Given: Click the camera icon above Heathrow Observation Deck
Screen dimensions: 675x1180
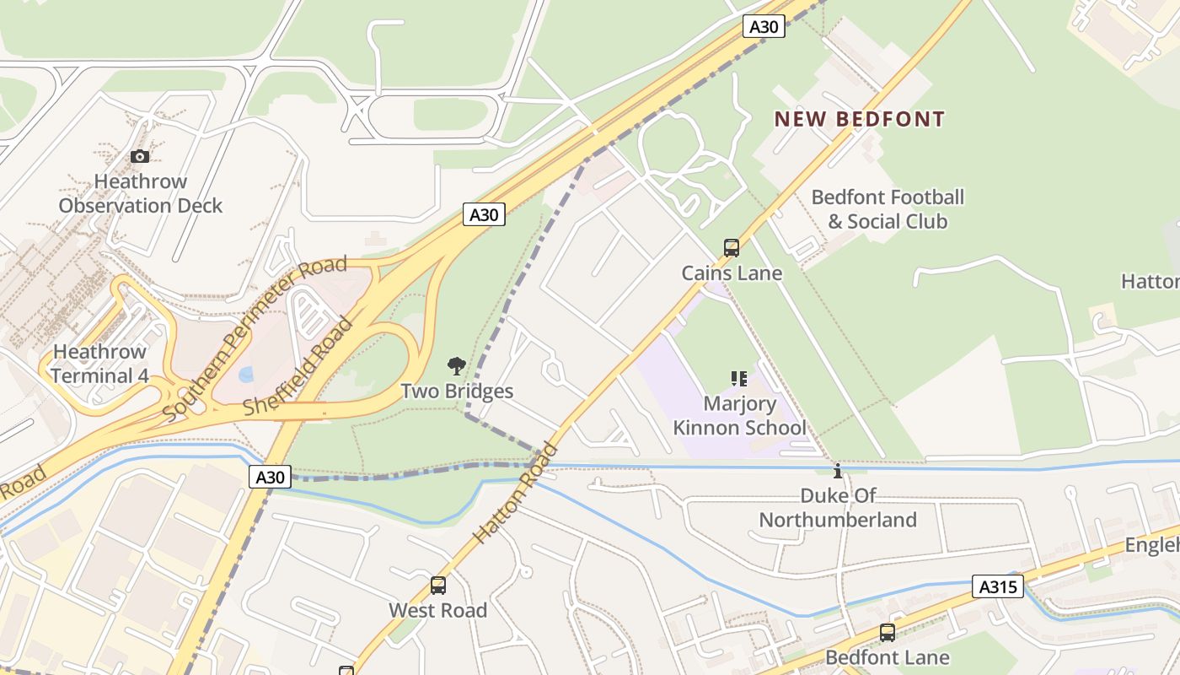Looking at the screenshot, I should click(x=140, y=156).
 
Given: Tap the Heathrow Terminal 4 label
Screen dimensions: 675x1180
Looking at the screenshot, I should click(x=99, y=364).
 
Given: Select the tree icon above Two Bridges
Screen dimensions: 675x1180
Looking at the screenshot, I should click(x=456, y=366).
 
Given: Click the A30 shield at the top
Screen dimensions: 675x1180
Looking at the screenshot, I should click(x=764, y=26).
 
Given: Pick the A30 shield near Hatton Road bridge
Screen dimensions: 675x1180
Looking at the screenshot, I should click(x=271, y=477).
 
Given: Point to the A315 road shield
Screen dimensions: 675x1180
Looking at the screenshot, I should click(x=998, y=586).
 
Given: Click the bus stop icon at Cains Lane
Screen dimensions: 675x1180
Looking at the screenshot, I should click(x=732, y=248).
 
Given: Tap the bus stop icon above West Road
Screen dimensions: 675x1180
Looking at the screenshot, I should click(x=437, y=585).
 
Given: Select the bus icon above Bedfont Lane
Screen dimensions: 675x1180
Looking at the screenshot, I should click(x=887, y=632).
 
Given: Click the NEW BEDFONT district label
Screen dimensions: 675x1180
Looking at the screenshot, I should click(x=859, y=119).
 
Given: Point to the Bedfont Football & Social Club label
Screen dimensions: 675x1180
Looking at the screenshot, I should click(x=888, y=209).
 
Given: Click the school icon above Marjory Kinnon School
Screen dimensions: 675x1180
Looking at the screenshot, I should click(x=739, y=379).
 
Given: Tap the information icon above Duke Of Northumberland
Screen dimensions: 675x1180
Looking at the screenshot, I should click(x=837, y=471).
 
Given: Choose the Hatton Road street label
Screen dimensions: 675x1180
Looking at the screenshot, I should click(x=515, y=493).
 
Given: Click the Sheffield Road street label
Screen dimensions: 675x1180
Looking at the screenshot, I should click(x=298, y=366).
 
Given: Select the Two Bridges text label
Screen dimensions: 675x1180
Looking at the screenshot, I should click(x=456, y=391).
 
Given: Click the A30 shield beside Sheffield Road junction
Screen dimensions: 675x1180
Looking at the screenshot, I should click(x=484, y=214).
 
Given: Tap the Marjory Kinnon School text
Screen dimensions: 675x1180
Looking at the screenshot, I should click(x=739, y=416).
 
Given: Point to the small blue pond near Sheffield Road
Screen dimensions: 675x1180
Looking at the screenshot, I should click(x=245, y=374).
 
